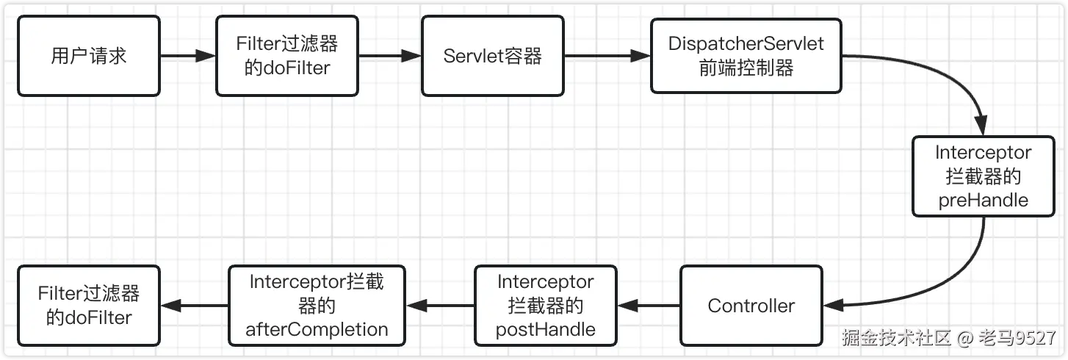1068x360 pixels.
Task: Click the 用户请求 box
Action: tap(89, 57)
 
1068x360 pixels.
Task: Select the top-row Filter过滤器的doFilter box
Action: tap(287, 57)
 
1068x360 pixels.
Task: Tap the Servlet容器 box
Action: tap(493, 57)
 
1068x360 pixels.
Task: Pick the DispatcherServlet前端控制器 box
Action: tap(746, 57)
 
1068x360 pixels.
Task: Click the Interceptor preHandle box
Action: tap(983, 176)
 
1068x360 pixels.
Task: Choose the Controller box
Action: tap(751, 306)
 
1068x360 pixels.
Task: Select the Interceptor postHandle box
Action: tap(546, 306)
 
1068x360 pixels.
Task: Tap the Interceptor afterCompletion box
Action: tap(317, 306)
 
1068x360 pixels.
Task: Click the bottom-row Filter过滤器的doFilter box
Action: tap(89, 306)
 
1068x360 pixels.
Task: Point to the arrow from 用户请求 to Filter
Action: tap(187, 56)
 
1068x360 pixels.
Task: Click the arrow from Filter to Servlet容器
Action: tap(389, 56)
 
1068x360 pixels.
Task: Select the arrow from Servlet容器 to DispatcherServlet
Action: tap(607, 56)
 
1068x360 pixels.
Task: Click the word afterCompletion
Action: tap(317, 330)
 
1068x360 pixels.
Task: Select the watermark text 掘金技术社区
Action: tap(896, 339)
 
